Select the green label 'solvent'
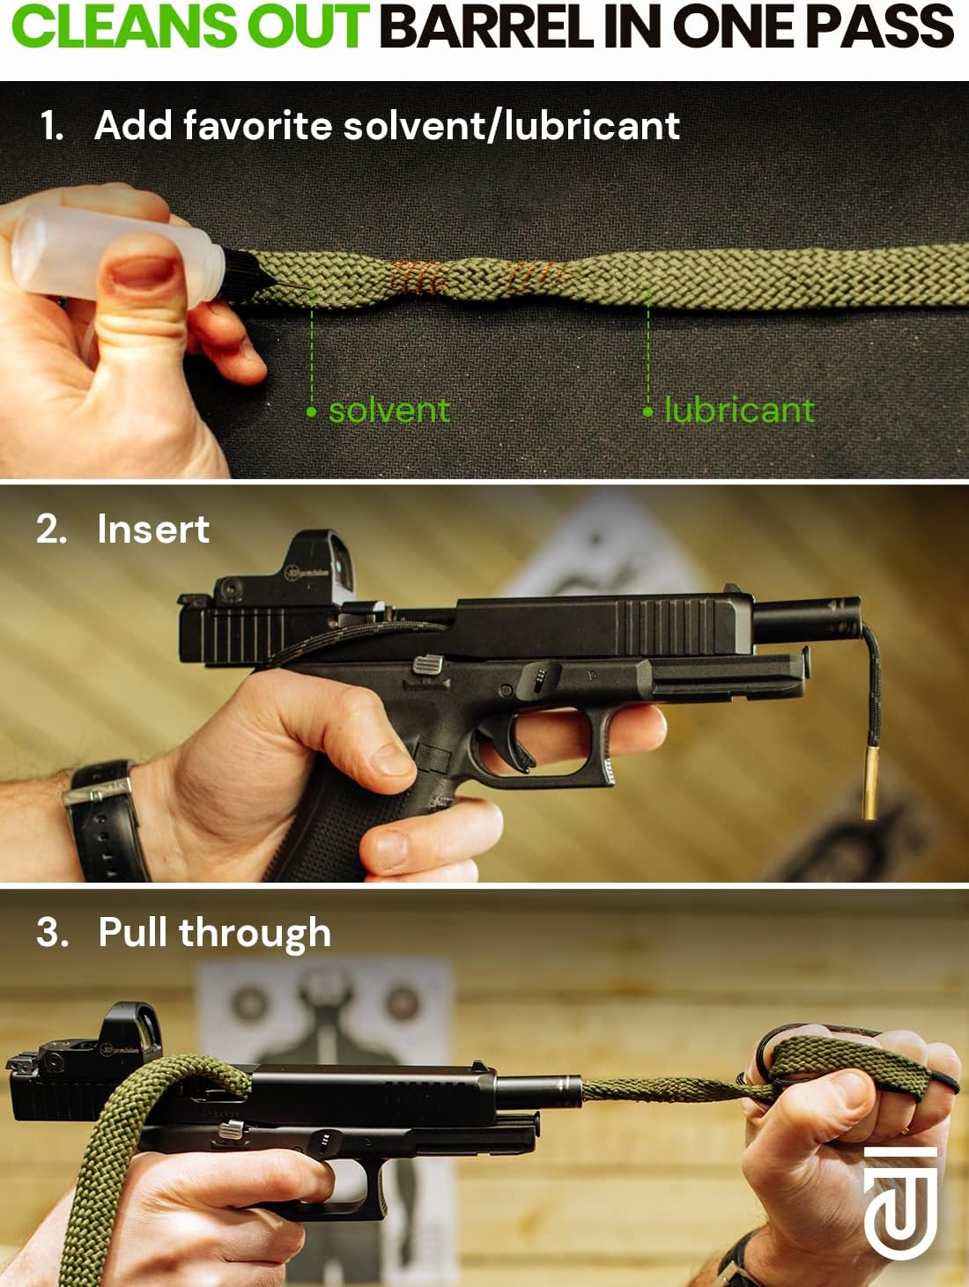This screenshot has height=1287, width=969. coord(388,410)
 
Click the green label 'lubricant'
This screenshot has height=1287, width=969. coord(738,410)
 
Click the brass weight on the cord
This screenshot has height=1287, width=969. coord(870,780)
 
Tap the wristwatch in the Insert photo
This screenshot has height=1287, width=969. coord(106,819)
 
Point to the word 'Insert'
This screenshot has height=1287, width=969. coord(153,529)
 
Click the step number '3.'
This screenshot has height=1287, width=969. coord(52,932)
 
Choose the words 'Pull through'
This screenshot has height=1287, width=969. coord(214,933)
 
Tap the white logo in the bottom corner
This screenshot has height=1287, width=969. coord(899,1202)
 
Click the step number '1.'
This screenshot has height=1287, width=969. coord(52,126)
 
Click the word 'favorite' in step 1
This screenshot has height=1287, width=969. coord(257,126)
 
